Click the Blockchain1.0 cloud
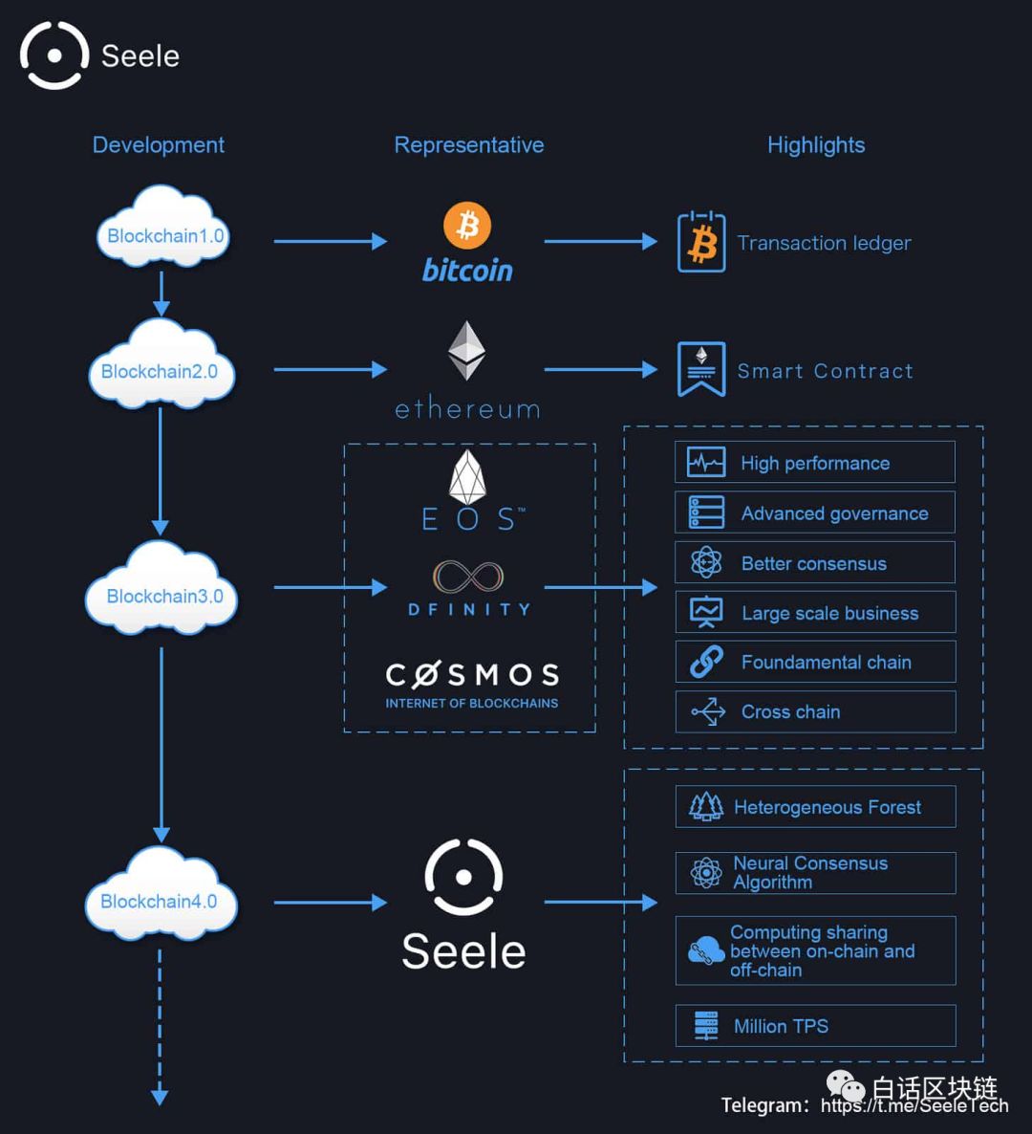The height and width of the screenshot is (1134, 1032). coord(163,228)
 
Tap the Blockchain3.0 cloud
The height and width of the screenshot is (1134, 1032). coord(161,589)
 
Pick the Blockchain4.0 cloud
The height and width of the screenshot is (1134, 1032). coord(161,895)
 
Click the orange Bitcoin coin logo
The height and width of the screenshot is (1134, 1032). coord(467,225)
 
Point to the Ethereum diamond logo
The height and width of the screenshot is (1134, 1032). coord(467,351)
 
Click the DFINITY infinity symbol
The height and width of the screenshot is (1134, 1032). coord(468,577)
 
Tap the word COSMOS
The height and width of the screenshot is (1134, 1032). coord(472,675)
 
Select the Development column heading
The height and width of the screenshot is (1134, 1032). coord(159,145)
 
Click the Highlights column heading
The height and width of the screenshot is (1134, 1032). coord(816,145)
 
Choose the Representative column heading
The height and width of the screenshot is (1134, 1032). coord(469,145)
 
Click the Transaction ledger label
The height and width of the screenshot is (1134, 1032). coord(824,243)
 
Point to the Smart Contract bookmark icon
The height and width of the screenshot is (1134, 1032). coord(701,369)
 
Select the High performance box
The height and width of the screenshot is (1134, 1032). coord(814,462)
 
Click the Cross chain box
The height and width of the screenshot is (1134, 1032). coord(815,711)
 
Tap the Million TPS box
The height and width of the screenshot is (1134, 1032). coord(815,1026)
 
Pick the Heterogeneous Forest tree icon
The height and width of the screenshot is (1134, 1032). coord(706,806)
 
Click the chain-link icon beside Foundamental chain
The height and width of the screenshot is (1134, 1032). coord(706,661)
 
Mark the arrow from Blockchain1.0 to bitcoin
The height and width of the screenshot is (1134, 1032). coord(331,242)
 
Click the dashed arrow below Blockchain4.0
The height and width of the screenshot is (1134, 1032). coord(160,1027)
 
